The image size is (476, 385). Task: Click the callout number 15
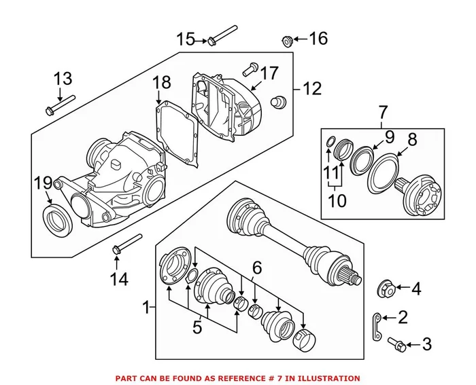(x=186, y=39)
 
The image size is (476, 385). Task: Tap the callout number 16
(x=318, y=38)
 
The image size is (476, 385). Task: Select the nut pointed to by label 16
(x=288, y=41)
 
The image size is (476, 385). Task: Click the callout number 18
(x=161, y=84)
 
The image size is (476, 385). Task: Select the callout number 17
(x=269, y=72)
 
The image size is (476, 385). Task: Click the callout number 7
(x=383, y=111)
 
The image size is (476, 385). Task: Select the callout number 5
(x=197, y=327)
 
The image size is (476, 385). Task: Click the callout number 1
(x=145, y=309)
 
